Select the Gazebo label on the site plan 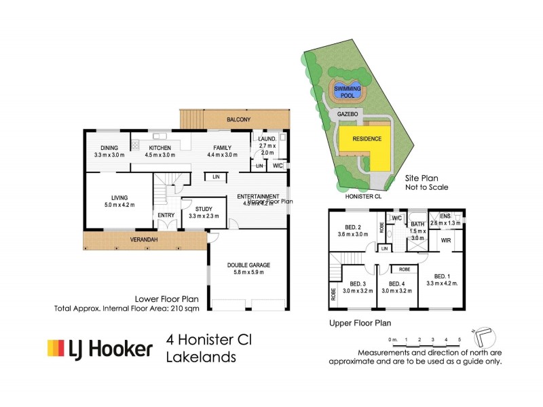pos(348,115)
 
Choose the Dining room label pos(109,148)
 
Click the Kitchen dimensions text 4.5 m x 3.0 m pos(160,155)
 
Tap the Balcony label pos(239,120)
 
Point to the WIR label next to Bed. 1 pos(446,240)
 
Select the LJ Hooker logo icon pos(54,349)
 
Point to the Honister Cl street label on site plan pos(362,197)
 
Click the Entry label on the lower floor pos(166,216)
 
